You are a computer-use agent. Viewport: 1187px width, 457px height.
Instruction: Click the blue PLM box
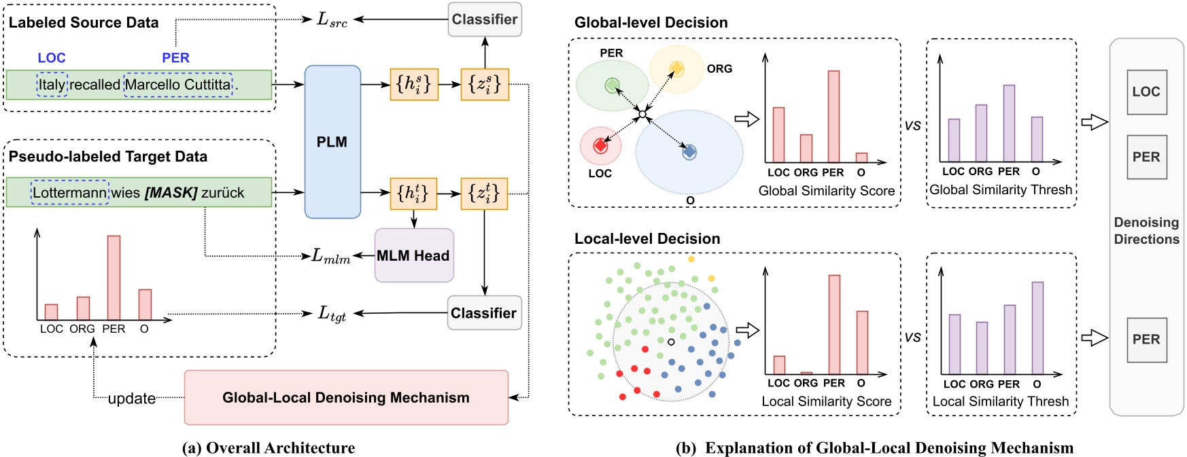pos(332,142)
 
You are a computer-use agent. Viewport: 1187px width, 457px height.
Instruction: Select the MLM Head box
pos(413,255)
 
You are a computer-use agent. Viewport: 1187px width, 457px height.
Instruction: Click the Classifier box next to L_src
pos(484,20)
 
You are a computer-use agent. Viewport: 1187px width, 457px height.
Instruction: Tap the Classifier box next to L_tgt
pos(484,313)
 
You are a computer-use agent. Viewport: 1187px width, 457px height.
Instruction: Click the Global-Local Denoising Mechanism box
pos(346,398)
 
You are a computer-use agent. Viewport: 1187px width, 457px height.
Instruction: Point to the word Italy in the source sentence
pos(52,85)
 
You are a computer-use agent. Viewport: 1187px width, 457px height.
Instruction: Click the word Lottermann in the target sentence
pos(69,193)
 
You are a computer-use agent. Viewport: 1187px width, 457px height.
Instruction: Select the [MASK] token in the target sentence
pos(171,193)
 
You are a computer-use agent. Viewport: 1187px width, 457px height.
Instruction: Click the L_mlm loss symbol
pos(330,257)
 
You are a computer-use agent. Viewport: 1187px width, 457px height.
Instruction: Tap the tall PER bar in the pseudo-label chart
pos(114,277)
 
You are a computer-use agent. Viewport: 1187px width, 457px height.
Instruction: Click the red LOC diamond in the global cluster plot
pos(600,145)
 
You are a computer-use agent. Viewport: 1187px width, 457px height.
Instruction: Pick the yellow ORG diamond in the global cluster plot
pos(676,68)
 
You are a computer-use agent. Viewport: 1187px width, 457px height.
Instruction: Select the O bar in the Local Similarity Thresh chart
pos(1037,327)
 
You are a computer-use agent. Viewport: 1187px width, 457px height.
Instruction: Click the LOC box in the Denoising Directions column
pos(1146,92)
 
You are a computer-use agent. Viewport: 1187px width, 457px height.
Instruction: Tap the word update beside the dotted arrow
pos(131,399)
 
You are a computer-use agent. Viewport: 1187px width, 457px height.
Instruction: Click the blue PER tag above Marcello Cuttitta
pos(175,58)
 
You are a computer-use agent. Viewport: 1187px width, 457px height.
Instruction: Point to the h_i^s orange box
pos(413,84)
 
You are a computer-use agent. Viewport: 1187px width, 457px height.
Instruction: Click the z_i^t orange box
pos(484,193)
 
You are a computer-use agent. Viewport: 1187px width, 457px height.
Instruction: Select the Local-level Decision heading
pos(647,239)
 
